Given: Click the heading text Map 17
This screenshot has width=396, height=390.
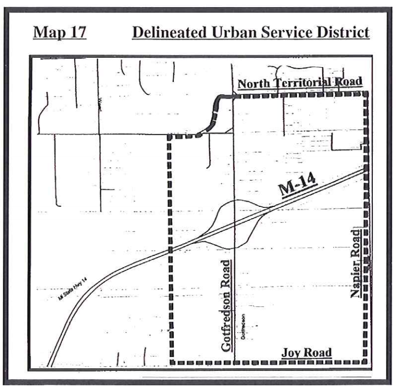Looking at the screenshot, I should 60,32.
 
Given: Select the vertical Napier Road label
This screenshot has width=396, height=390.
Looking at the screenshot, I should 355,264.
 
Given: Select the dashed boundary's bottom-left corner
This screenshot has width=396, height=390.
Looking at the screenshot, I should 171,362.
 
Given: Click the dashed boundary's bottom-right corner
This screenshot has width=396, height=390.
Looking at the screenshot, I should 366,362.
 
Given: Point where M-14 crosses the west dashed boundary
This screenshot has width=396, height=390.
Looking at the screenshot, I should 170,251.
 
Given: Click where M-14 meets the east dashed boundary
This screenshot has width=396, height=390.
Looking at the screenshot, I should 366,169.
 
